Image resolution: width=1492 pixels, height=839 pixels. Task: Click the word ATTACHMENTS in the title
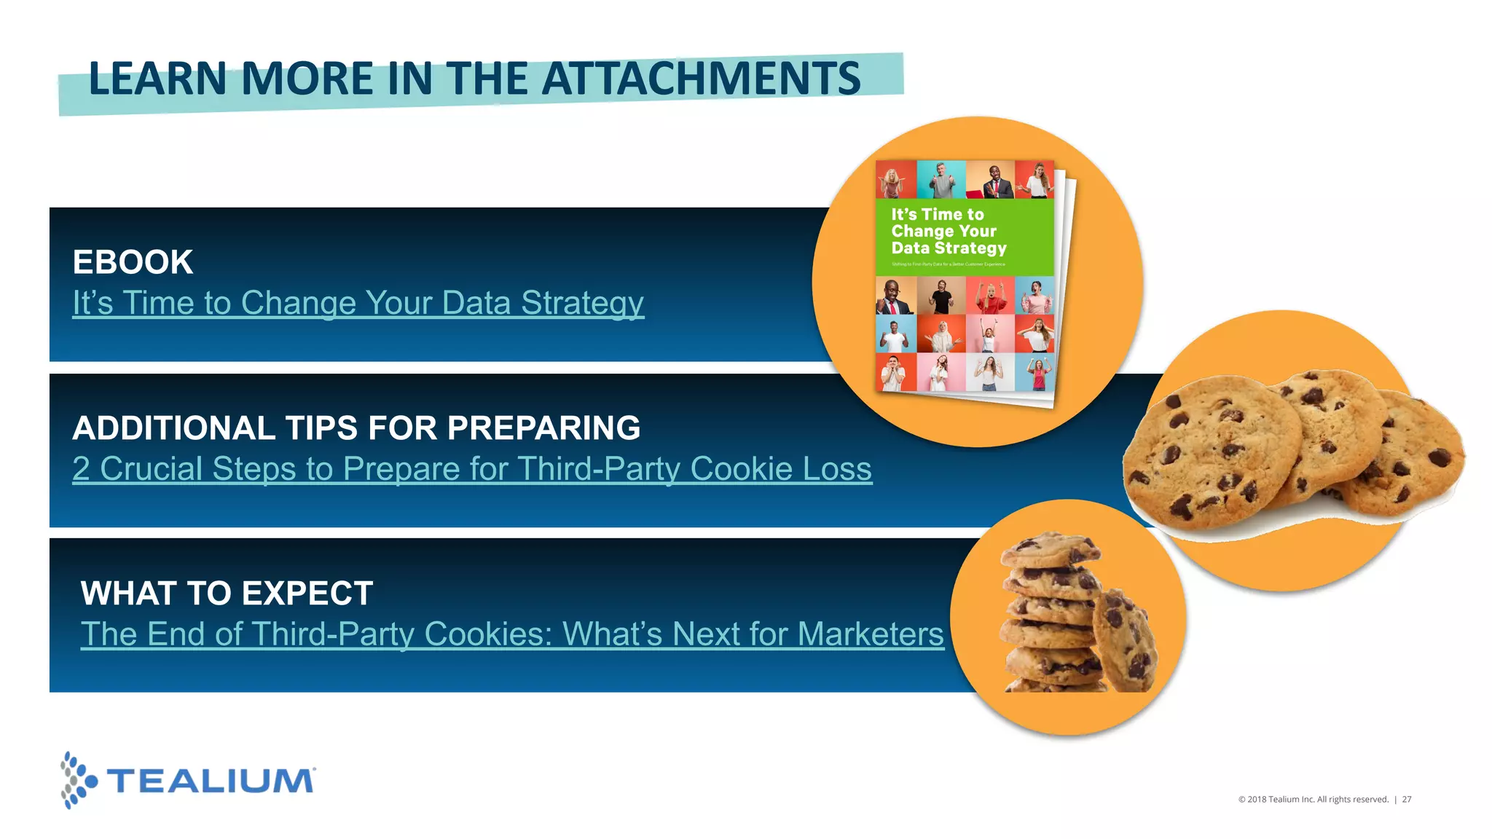click(x=701, y=79)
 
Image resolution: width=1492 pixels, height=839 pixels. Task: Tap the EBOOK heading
click(x=133, y=262)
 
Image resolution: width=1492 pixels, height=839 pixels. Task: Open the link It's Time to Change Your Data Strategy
click(x=358, y=303)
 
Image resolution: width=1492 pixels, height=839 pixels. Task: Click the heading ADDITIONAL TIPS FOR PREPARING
click(x=356, y=428)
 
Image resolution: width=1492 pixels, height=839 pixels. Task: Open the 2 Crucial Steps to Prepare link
click(x=471, y=469)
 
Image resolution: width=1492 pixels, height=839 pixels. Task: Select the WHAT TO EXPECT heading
click(x=227, y=594)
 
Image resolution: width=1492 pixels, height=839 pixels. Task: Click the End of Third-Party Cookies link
click(x=511, y=634)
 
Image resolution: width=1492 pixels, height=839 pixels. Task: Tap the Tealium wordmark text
click(x=211, y=781)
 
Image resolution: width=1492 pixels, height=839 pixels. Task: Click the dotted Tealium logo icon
click(x=77, y=781)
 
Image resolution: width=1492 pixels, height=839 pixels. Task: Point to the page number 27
click(x=1407, y=800)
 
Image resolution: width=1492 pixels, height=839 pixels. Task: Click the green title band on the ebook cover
click(x=963, y=237)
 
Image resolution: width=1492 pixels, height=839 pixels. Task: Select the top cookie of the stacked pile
click(x=1049, y=550)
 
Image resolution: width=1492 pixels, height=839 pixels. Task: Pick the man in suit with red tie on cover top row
click(x=994, y=181)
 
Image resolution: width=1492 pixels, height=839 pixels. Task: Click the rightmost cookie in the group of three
click(x=1417, y=455)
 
